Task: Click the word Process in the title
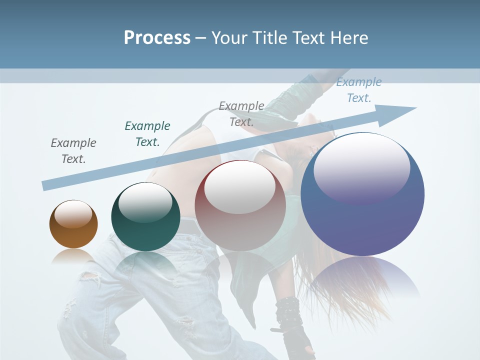pyautogui.click(x=157, y=38)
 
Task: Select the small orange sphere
pyautogui.click(x=73, y=224)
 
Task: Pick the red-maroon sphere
pyautogui.click(x=240, y=205)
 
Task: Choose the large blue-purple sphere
pyautogui.click(x=362, y=194)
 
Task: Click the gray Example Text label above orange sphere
pyautogui.click(x=73, y=151)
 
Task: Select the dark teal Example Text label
pyautogui.click(x=147, y=133)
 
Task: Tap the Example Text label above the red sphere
pyautogui.click(x=241, y=113)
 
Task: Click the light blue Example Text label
pyautogui.click(x=358, y=90)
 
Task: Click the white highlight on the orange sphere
pyautogui.click(x=73, y=214)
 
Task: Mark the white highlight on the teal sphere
pyautogui.click(x=145, y=202)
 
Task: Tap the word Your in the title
pyautogui.click(x=230, y=38)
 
